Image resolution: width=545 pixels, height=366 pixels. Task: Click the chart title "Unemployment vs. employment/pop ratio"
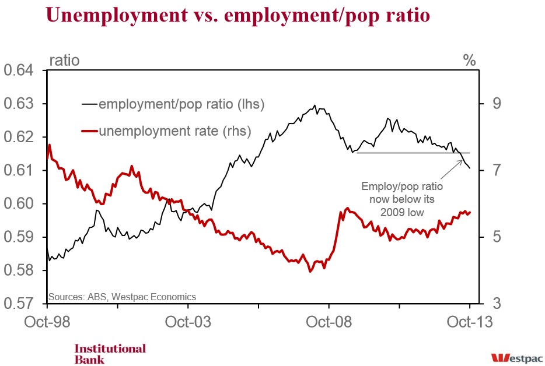tap(237, 16)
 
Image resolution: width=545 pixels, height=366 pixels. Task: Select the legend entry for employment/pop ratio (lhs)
tap(173, 104)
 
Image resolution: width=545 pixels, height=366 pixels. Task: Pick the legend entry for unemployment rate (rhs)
tap(166, 131)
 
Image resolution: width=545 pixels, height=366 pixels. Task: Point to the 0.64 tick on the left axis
tap(19, 70)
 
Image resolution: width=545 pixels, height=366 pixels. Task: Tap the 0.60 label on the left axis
tap(19, 203)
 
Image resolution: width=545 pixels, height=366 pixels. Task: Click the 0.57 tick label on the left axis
tap(19, 304)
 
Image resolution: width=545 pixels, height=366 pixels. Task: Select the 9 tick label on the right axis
tap(497, 104)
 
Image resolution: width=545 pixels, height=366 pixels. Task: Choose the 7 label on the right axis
tap(497, 170)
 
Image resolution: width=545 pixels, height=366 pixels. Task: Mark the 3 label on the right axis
tap(497, 304)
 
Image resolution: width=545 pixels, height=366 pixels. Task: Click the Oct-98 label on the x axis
tap(47, 322)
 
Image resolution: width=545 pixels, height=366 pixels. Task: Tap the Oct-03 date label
tap(188, 322)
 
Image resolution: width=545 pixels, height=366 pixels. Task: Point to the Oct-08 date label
tap(329, 322)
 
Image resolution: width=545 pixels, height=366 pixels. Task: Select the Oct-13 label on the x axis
tap(470, 322)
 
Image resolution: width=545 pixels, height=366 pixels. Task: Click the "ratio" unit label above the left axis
tap(64, 61)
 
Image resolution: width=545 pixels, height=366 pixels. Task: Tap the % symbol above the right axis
tap(469, 61)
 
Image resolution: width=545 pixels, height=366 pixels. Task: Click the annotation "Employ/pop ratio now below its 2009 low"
tap(402, 199)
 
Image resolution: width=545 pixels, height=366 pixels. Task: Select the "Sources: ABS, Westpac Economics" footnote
tap(122, 297)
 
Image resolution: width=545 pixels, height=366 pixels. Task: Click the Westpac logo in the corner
tap(517, 358)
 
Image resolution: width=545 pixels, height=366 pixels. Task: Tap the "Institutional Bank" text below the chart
tap(110, 354)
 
